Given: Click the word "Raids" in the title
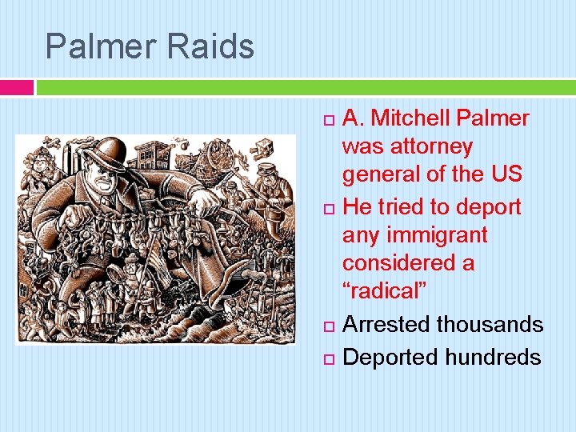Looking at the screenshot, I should click(211, 46).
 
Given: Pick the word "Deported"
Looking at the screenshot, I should click(389, 357).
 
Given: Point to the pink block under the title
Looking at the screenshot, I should click(17, 87).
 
